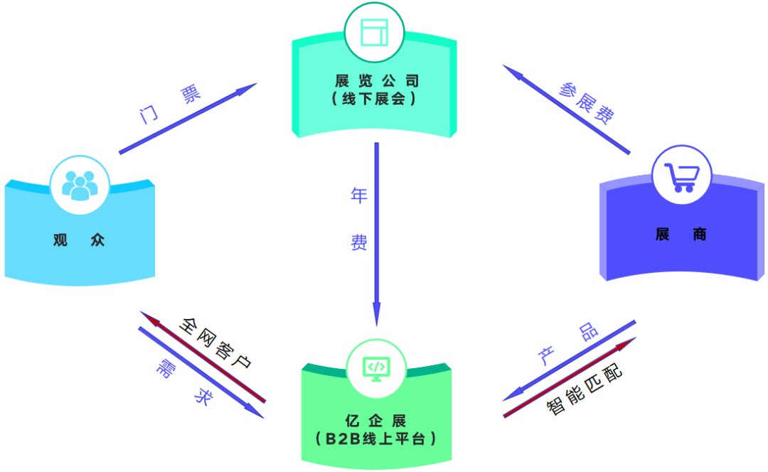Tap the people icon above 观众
point(79,185)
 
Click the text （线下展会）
point(373,100)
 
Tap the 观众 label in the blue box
point(79,240)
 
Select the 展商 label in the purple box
point(681,235)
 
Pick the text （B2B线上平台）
point(374,439)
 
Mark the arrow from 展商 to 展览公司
point(567,109)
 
